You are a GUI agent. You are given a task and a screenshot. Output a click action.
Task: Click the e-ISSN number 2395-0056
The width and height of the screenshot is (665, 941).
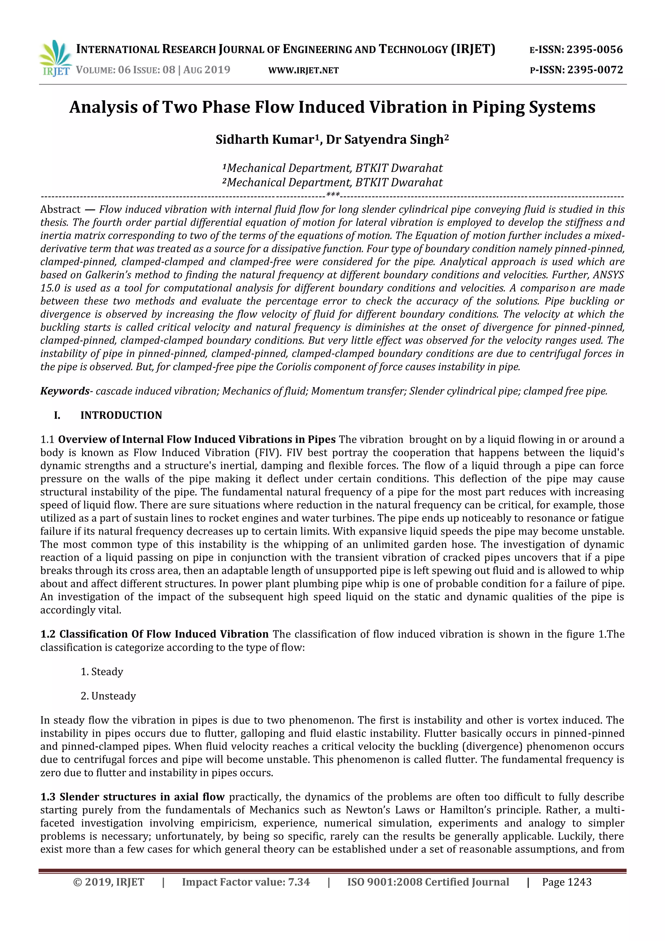[594, 50]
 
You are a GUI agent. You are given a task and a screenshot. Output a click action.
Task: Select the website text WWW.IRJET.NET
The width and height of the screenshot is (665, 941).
[303, 71]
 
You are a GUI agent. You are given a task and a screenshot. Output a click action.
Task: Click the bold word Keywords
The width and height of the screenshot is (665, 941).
[65, 391]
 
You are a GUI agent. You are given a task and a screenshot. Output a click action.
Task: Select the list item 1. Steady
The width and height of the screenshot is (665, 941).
[102, 672]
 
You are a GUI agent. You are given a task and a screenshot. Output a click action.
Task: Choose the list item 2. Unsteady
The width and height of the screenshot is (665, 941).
[108, 696]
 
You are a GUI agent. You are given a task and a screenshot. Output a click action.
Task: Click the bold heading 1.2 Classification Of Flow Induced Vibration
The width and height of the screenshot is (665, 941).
[154, 634]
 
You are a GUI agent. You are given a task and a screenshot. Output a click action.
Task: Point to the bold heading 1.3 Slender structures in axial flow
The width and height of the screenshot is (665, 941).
[132, 797]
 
